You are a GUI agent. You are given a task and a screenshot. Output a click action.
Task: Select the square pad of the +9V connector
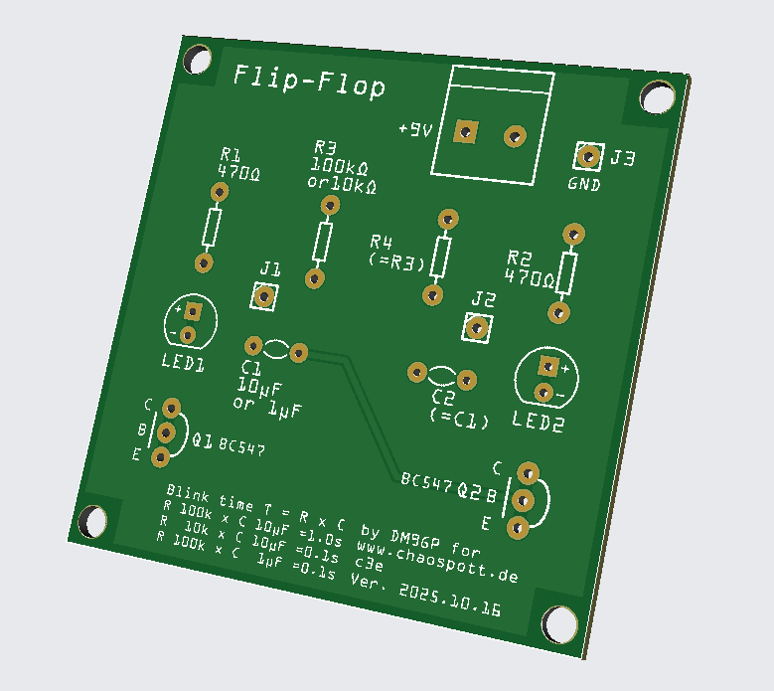(464, 131)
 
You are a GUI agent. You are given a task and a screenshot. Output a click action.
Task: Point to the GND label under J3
(584, 184)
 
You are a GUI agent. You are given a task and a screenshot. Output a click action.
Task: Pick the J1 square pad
(264, 296)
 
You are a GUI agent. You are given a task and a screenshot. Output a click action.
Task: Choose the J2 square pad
(478, 327)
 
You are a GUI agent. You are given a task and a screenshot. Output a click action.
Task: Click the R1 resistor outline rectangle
(212, 228)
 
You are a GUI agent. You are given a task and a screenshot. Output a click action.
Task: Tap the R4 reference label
(382, 242)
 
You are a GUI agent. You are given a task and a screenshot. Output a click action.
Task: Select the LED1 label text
(182, 363)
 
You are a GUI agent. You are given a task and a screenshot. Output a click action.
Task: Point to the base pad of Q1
(165, 432)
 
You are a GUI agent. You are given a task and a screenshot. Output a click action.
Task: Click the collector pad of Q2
(528, 471)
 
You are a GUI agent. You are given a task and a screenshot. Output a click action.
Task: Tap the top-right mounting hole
(657, 97)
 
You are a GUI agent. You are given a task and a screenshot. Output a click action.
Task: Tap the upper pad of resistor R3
(330, 205)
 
